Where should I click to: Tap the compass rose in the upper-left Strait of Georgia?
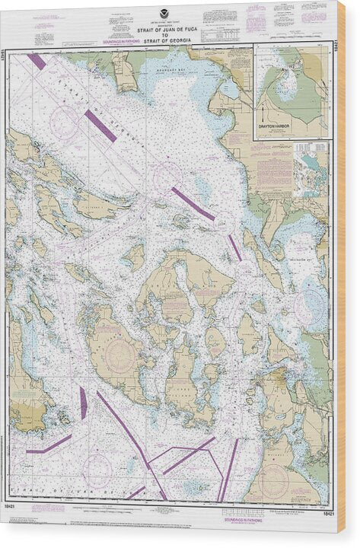tap(65, 122)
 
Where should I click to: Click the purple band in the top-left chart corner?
tap(36, 61)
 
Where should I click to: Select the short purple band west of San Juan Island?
tap(83, 403)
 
